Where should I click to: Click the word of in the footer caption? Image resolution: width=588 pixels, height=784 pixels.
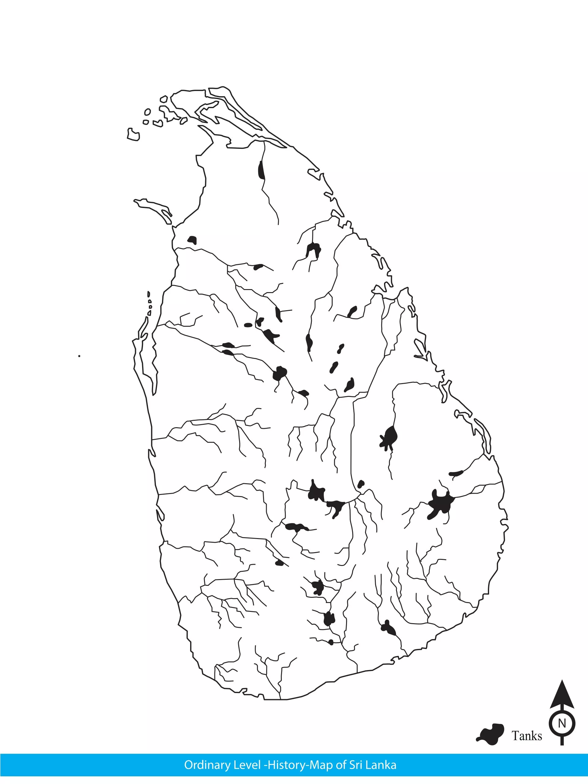tap(341, 765)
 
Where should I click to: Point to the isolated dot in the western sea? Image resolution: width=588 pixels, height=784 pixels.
tap(79, 356)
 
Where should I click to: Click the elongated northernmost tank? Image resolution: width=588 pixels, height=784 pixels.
tap(261, 171)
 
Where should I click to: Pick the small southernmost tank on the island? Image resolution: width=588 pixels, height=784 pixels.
tap(331, 642)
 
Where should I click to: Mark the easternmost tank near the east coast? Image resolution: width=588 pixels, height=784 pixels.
tap(456, 473)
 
